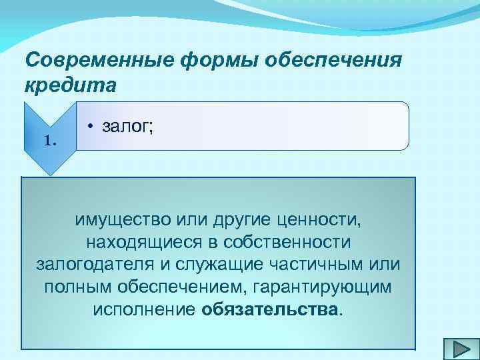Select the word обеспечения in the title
tap(333, 61)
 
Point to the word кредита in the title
tap(71, 86)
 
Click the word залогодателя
tap(95, 264)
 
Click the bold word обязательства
tap(270, 309)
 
